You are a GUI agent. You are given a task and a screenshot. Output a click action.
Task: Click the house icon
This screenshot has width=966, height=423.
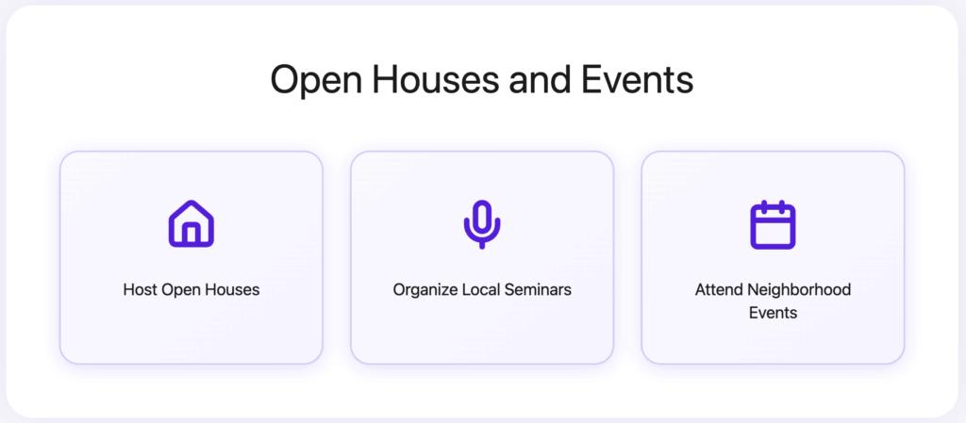[x=192, y=224]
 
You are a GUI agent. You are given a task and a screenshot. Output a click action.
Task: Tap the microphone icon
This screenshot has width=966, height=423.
[x=482, y=223]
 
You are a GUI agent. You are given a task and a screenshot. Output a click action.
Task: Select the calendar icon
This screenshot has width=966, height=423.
[x=773, y=225]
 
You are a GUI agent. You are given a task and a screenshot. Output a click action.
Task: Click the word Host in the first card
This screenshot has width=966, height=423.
[x=140, y=290]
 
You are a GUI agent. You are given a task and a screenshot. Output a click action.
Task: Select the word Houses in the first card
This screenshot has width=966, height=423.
[x=234, y=290]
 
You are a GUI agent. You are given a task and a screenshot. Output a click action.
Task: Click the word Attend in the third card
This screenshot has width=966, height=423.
[x=719, y=290]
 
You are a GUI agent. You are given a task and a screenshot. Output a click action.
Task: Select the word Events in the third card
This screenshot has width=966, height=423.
[x=773, y=313]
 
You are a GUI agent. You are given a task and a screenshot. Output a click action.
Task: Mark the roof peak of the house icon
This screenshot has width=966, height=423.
[x=192, y=203]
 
